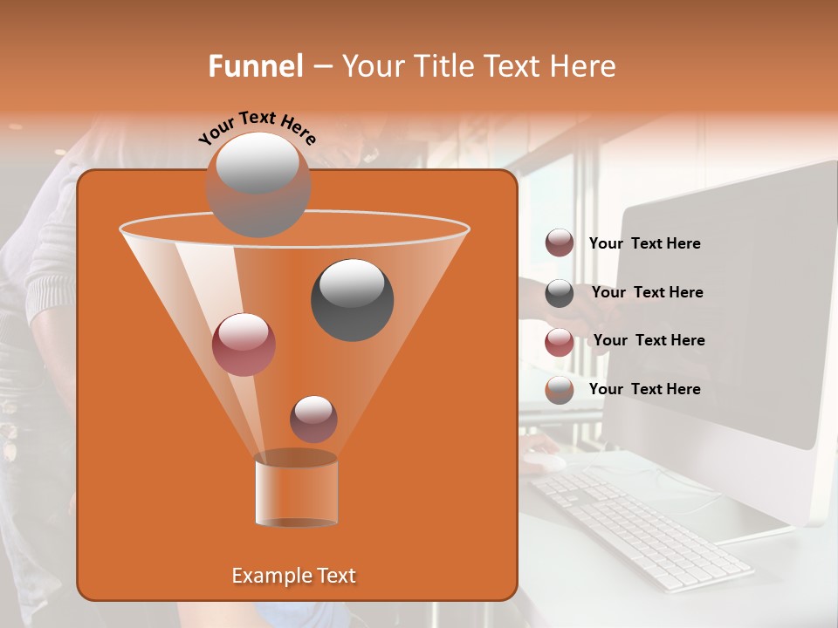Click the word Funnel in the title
[x=255, y=66]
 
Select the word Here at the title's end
[x=583, y=66]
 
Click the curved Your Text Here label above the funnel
[x=257, y=127]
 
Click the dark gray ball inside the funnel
[x=352, y=299]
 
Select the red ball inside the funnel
[x=244, y=344]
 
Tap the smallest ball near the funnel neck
[x=313, y=419]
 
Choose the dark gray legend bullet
[x=560, y=293]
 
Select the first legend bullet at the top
[x=560, y=243]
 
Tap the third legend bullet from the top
[x=560, y=342]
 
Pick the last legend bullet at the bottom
[x=560, y=390]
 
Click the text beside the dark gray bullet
[x=647, y=292]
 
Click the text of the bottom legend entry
[x=644, y=389]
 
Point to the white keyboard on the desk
[x=642, y=528]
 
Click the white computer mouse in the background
[x=543, y=461]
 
